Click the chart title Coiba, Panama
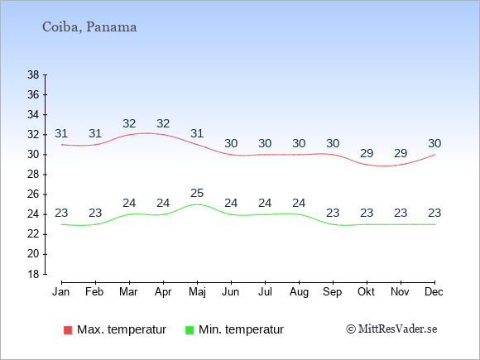pyautogui.click(x=89, y=27)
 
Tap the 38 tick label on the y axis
pyautogui.click(x=33, y=74)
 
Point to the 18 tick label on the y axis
pyautogui.click(x=33, y=274)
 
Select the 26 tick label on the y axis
pyautogui.click(x=33, y=194)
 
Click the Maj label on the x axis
pyautogui.click(x=197, y=292)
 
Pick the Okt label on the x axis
pyautogui.click(x=367, y=292)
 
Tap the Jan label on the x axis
pyautogui.click(x=61, y=292)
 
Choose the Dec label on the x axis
pyautogui.click(x=434, y=292)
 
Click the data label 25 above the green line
pyautogui.click(x=197, y=193)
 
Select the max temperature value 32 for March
pyautogui.click(x=129, y=123)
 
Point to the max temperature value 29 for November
pyautogui.click(x=401, y=153)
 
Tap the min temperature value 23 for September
pyautogui.click(x=333, y=213)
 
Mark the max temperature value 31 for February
pyautogui.click(x=95, y=133)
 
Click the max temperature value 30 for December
pyautogui.click(x=434, y=143)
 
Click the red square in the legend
pyautogui.click(x=68, y=330)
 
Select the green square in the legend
pyautogui.click(x=190, y=330)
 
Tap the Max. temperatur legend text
pyautogui.click(x=122, y=329)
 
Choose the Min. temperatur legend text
pyautogui.click(x=241, y=329)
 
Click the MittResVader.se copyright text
pyautogui.click(x=391, y=329)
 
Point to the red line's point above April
pyautogui.click(x=163, y=135)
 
